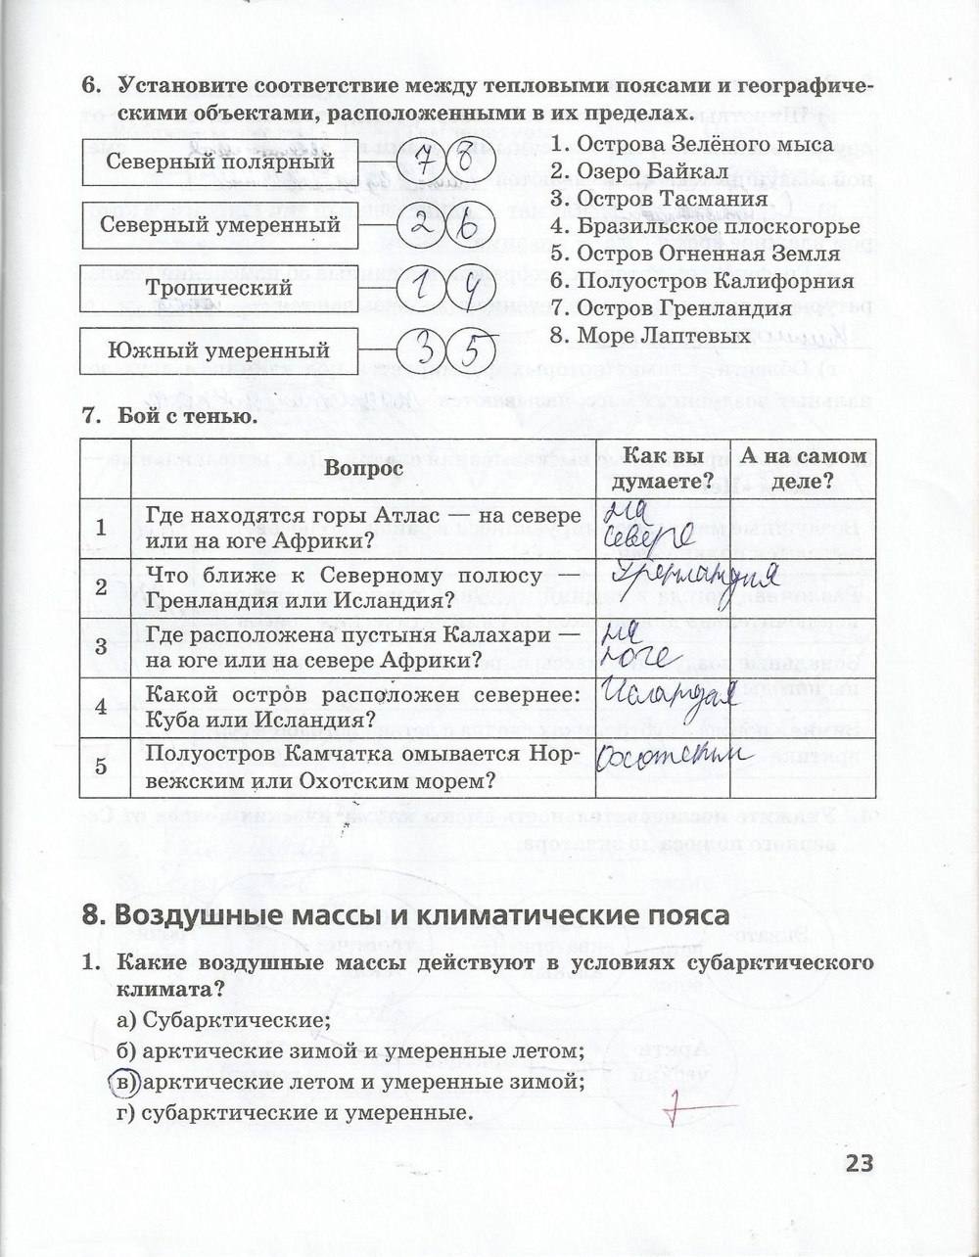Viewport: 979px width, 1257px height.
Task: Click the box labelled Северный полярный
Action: [x=219, y=162]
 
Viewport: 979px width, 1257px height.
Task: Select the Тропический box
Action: [x=219, y=288]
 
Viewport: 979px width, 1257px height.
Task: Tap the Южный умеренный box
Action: [x=219, y=350]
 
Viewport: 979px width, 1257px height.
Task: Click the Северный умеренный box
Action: [x=219, y=224]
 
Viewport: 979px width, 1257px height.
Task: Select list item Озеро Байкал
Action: [x=637, y=172]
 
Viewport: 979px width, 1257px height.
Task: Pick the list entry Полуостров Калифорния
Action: [x=701, y=281]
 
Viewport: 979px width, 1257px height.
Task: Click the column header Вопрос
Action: [x=364, y=469]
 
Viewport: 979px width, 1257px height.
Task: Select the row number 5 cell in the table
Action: [x=102, y=767]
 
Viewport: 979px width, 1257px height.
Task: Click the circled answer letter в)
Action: [x=120, y=1083]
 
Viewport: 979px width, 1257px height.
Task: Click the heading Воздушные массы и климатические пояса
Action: [x=406, y=915]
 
